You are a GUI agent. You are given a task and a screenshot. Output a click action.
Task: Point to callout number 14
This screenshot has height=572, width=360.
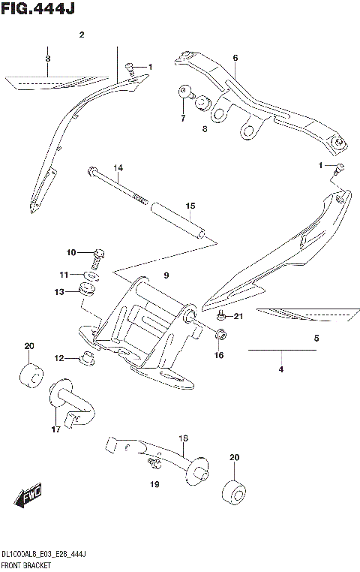coord(118,167)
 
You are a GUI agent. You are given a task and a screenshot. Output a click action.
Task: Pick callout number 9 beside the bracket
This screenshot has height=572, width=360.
coord(166,275)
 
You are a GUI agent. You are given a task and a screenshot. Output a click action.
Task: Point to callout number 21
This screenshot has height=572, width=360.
coord(238,316)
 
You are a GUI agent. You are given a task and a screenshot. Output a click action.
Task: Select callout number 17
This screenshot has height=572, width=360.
coord(55,430)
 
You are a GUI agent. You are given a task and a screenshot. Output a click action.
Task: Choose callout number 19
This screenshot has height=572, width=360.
coord(154,485)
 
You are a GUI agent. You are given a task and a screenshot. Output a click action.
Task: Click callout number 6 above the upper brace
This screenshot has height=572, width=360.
coord(235,58)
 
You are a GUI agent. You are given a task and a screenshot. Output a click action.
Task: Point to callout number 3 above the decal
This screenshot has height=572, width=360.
coord(47,59)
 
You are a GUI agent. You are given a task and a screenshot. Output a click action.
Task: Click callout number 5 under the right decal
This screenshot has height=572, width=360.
coord(316,339)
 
